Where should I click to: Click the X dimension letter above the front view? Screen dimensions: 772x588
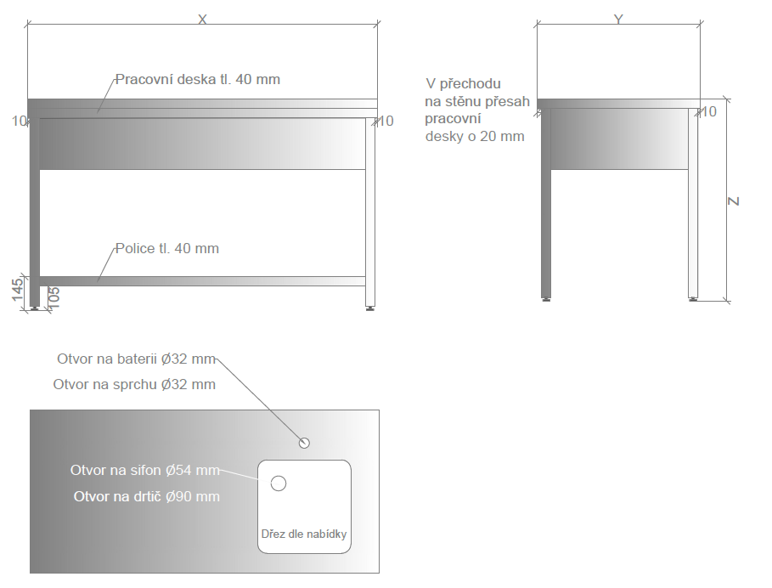(202, 20)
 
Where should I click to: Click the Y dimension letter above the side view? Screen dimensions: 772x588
(618, 20)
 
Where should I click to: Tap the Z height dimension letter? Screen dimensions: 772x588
(734, 201)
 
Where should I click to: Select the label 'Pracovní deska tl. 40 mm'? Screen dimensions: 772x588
(197, 79)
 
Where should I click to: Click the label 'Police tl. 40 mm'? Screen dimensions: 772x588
(167, 248)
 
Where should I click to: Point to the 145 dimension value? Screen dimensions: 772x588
(17, 290)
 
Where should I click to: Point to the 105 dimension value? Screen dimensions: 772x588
(54, 297)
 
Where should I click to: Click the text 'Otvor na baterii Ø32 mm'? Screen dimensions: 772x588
(137, 359)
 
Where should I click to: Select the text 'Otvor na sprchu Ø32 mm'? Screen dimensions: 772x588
(134, 384)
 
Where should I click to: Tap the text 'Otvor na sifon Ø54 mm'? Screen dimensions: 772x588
(144, 470)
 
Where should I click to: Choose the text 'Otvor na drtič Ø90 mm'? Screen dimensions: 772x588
(147, 496)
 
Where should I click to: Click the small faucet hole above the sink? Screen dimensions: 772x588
(304, 443)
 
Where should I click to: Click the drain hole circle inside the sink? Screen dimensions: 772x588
(279, 483)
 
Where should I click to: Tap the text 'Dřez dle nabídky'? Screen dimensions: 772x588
(304, 534)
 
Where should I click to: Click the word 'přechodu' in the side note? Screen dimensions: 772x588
(471, 84)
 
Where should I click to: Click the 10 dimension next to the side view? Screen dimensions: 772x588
(708, 112)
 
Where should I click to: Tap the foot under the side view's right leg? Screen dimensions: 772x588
(693, 298)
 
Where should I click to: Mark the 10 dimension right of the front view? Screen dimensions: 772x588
(385, 122)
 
